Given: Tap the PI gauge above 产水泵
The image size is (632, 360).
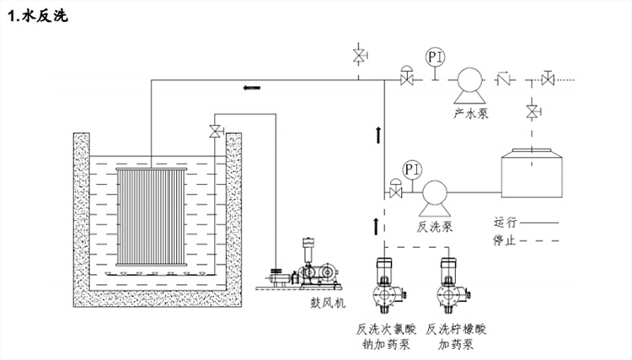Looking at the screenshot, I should (435, 57).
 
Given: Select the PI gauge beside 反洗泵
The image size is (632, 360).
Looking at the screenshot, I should (412, 169).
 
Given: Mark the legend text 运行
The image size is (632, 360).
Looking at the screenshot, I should (506, 223).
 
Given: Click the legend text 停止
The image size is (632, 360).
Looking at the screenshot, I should (506, 240).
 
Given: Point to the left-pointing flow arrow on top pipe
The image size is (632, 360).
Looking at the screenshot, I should (251, 87).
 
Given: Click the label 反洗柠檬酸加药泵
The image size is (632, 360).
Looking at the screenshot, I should (456, 336).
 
